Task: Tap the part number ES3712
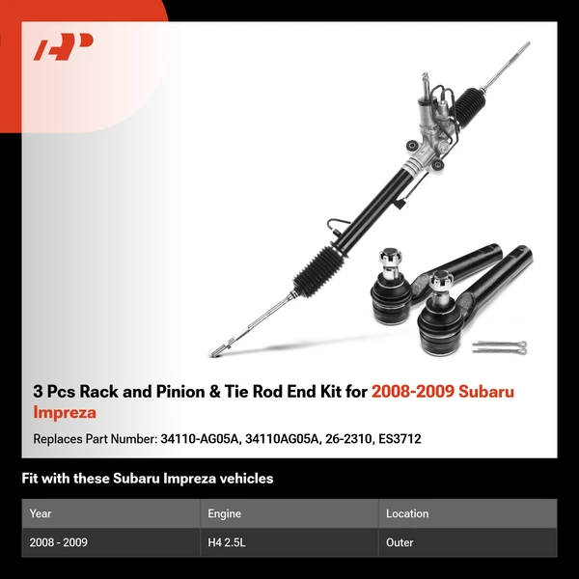(402, 438)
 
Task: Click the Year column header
(41, 513)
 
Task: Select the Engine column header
(224, 513)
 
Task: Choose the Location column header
(407, 513)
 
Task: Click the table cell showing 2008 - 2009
(59, 542)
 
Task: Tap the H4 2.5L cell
(229, 542)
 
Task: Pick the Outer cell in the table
(400, 542)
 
